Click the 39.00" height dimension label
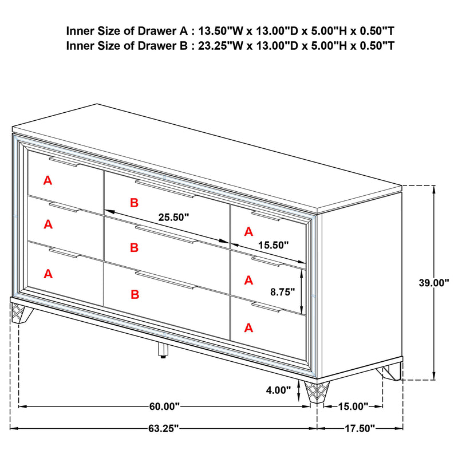coord(433,282)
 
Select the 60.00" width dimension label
coord(165,406)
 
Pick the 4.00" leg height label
coord(279,392)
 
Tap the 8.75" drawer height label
coord(282,291)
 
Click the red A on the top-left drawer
coord(48,180)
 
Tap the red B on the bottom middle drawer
coord(134,294)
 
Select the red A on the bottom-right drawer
coord(248,327)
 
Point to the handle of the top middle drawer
coord(165,188)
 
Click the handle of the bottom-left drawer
coord(64,253)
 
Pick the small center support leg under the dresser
coord(163,352)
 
